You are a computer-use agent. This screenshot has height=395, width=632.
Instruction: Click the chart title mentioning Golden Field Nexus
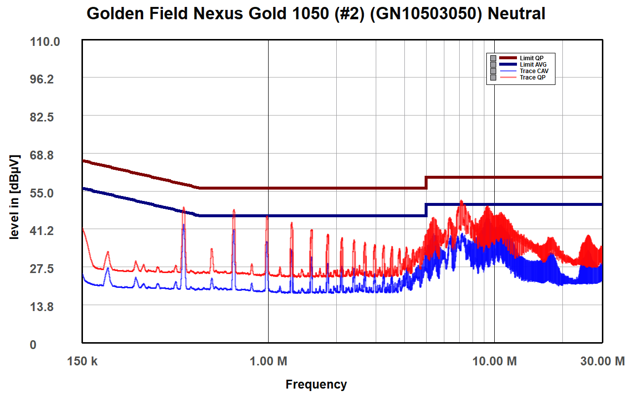tap(316, 14)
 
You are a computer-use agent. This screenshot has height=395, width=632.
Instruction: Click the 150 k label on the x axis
tap(82, 361)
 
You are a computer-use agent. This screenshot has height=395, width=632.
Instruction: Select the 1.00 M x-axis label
tap(269, 361)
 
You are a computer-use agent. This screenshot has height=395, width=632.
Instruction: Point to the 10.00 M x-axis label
tap(494, 361)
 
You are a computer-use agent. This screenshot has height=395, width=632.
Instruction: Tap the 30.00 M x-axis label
tap(602, 361)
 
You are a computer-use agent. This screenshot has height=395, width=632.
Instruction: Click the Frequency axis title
tap(316, 384)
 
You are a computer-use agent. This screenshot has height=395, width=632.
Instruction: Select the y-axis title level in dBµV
tap(15, 197)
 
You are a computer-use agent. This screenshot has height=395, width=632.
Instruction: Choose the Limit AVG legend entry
tap(533, 65)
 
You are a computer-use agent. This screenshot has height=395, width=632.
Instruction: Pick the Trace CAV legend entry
tap(534, 71)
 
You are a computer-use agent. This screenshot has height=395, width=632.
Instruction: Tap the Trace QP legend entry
tap(532, 78)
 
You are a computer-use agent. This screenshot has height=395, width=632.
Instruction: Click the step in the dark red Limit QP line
tap(426, 182)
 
